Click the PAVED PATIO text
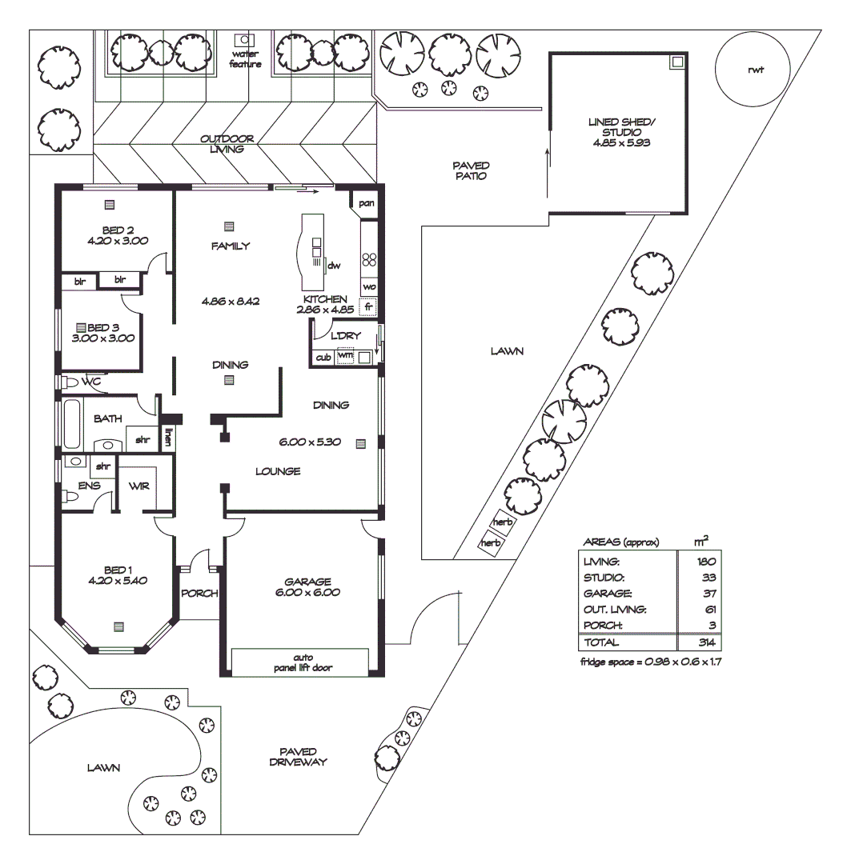[x=469, y=170]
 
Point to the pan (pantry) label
[x=367, y=203]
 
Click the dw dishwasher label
[x=335, y=265]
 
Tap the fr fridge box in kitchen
[x=368, y=306]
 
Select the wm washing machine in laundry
[x=345, y=357]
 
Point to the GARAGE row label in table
[x=608, y=594]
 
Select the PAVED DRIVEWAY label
[x=303, y=756]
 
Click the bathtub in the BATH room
[x=73, y=424]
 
